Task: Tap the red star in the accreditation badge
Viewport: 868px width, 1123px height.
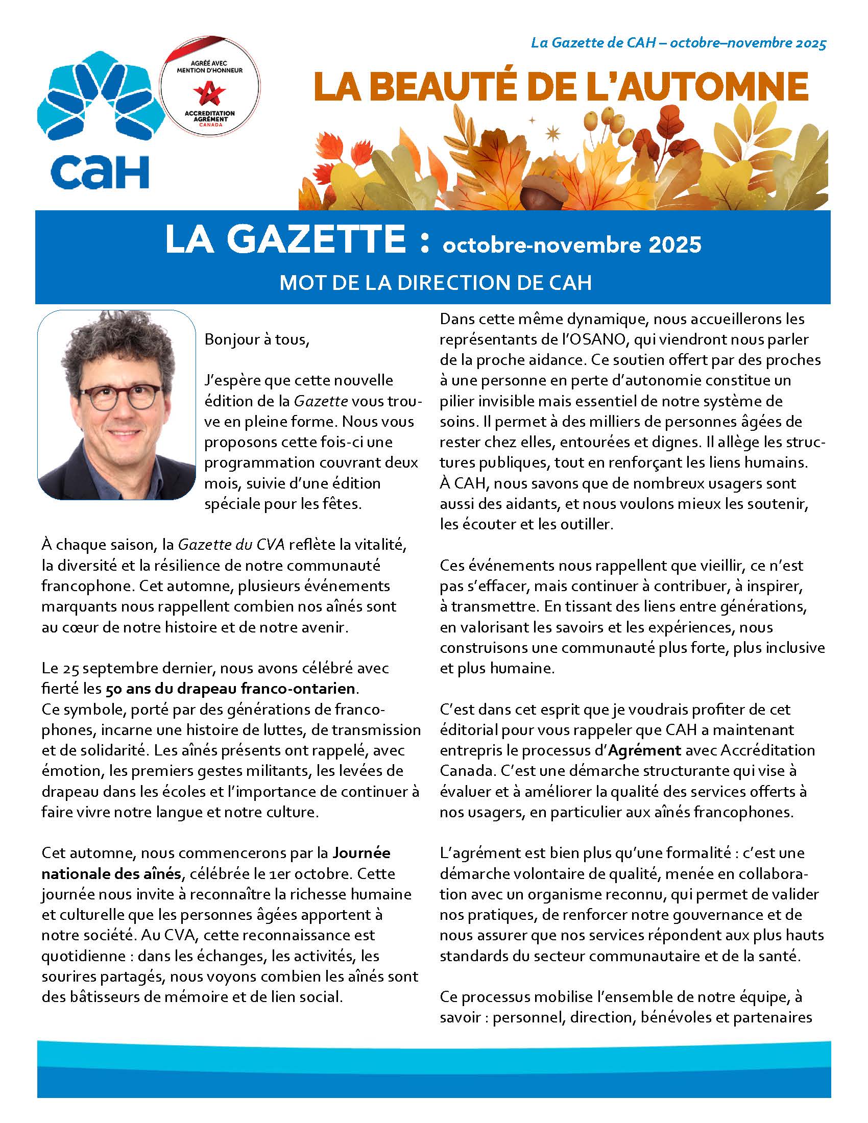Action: [209, 94]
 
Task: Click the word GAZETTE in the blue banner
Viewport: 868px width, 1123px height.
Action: [316, 239]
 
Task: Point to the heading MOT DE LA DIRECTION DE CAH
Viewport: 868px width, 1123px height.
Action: [435, 283]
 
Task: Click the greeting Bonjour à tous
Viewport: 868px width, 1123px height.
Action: [257, 339]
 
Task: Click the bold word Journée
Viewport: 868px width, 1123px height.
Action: [361, 853]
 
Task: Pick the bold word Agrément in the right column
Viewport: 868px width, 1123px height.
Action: [644, 750]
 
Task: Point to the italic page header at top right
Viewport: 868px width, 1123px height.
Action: [678, 43]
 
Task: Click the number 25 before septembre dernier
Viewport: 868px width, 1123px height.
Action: [70, 668]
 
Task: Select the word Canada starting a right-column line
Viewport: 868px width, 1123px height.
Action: [463, 771]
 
